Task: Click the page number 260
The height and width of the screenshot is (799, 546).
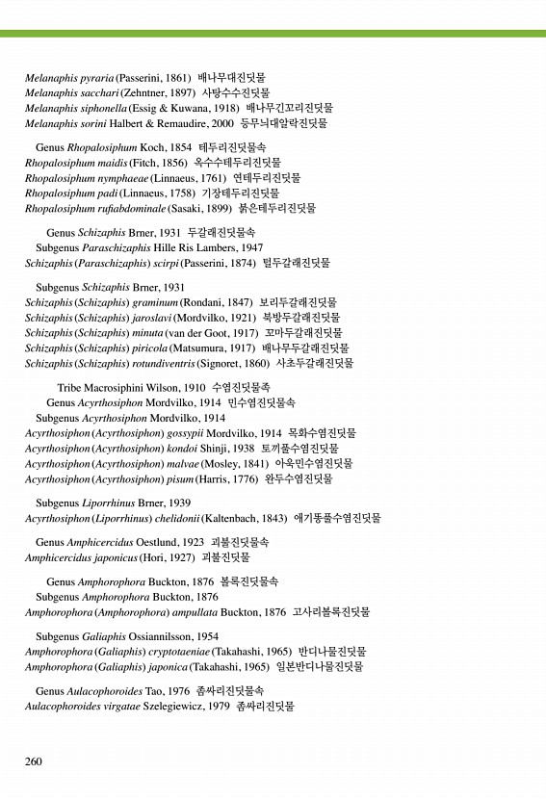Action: tap(34, 761)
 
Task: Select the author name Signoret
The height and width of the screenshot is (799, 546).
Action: tap(220, 363)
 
